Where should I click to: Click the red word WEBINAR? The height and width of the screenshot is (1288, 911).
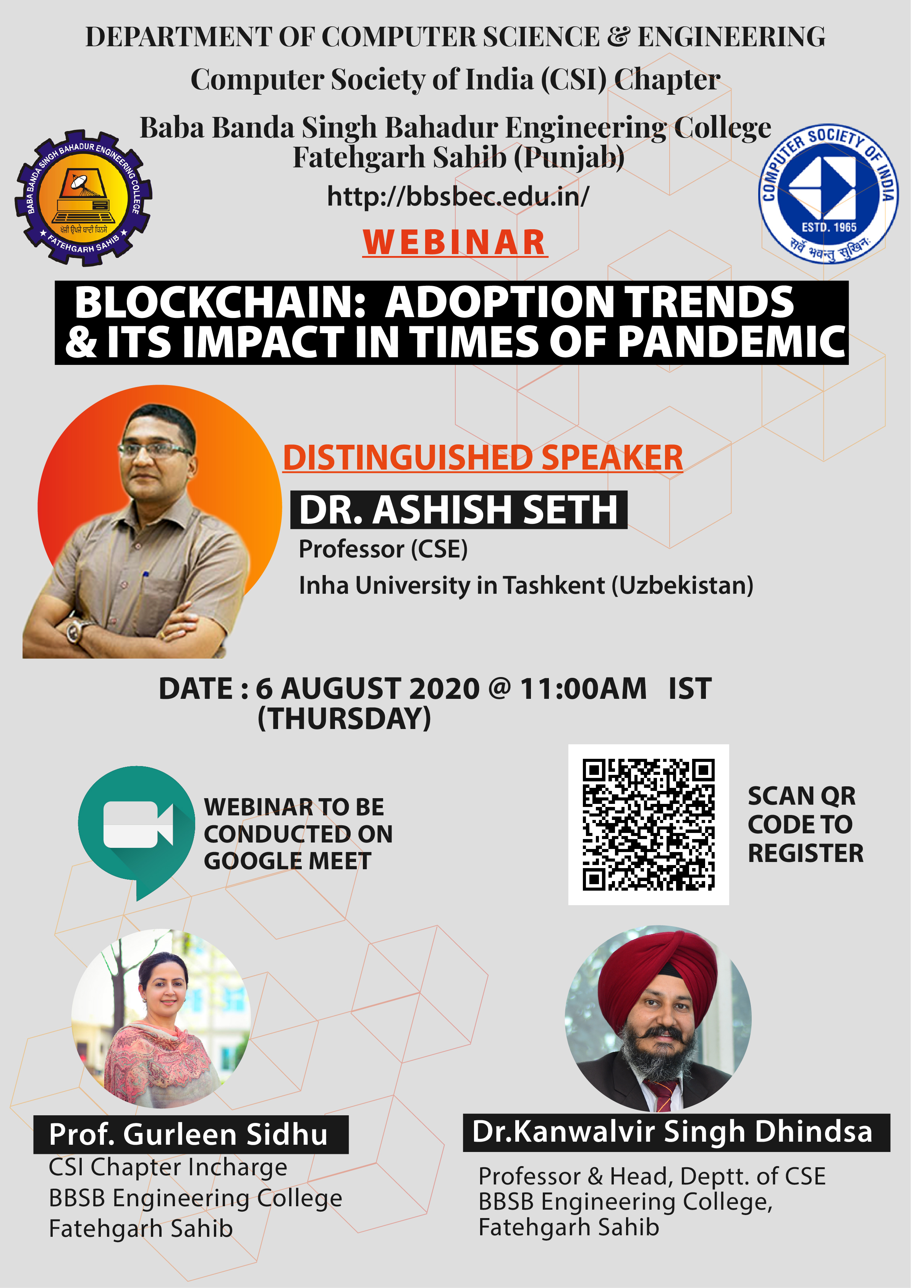pos(455,242)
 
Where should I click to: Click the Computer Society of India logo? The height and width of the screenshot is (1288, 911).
pos(828,194)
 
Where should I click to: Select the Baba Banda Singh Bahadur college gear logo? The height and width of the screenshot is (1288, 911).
pos(83,198)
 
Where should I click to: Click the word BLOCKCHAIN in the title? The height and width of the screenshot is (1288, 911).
pos(220,302)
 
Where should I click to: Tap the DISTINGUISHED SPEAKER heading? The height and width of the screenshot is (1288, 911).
pos(483,457)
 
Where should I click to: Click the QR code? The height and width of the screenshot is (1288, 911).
pos(649,825)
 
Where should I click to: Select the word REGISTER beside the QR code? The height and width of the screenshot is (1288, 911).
pos(806,853)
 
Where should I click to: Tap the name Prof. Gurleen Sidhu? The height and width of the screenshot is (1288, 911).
pos(188,1134)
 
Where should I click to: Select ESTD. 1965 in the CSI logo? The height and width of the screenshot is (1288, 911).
pos(829,227)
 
